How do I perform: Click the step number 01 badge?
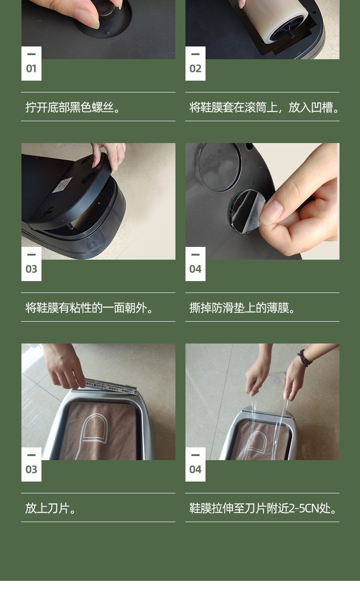click(31, 63)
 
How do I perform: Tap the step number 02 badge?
click(195, 63)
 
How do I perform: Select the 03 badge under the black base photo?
click(31, 264)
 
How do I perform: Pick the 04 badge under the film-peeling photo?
click(195, 264)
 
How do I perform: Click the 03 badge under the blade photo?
click(31, 464)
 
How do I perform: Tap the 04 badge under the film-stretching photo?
click(195, 464)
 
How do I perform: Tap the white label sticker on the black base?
click(62, 185)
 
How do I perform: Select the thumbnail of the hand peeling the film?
click(262, 201)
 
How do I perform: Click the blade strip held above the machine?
click(111, 386)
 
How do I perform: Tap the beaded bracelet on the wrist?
click(304, 358)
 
